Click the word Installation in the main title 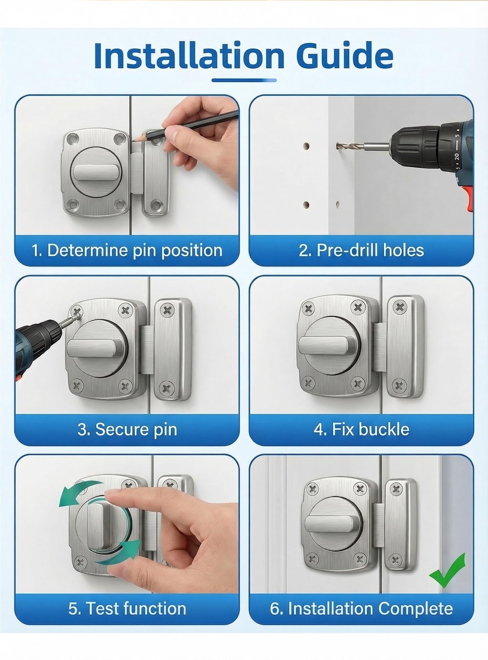click(189, 55)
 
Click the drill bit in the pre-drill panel click(363, 146)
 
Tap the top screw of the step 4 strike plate click(400, 307)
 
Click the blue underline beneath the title click(244, 80)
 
